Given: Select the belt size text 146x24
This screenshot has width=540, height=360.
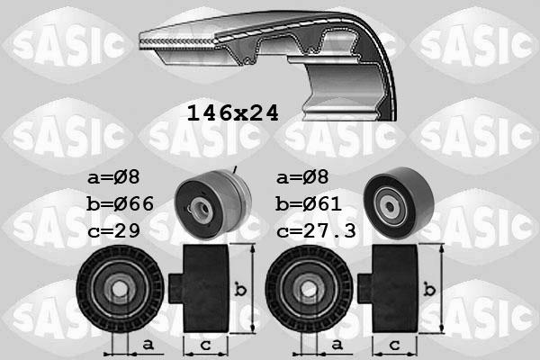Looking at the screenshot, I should (x=232, y=113).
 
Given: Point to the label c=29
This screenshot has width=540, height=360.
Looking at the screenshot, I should (x=114, y=231).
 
